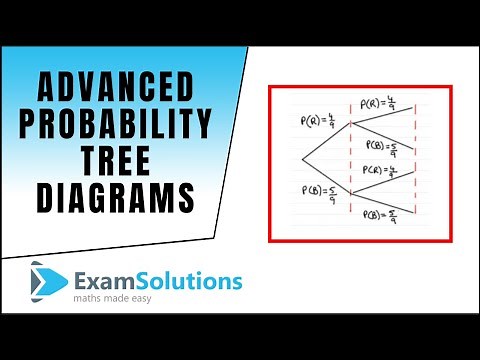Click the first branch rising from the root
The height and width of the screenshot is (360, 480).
tap(326, 143)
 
